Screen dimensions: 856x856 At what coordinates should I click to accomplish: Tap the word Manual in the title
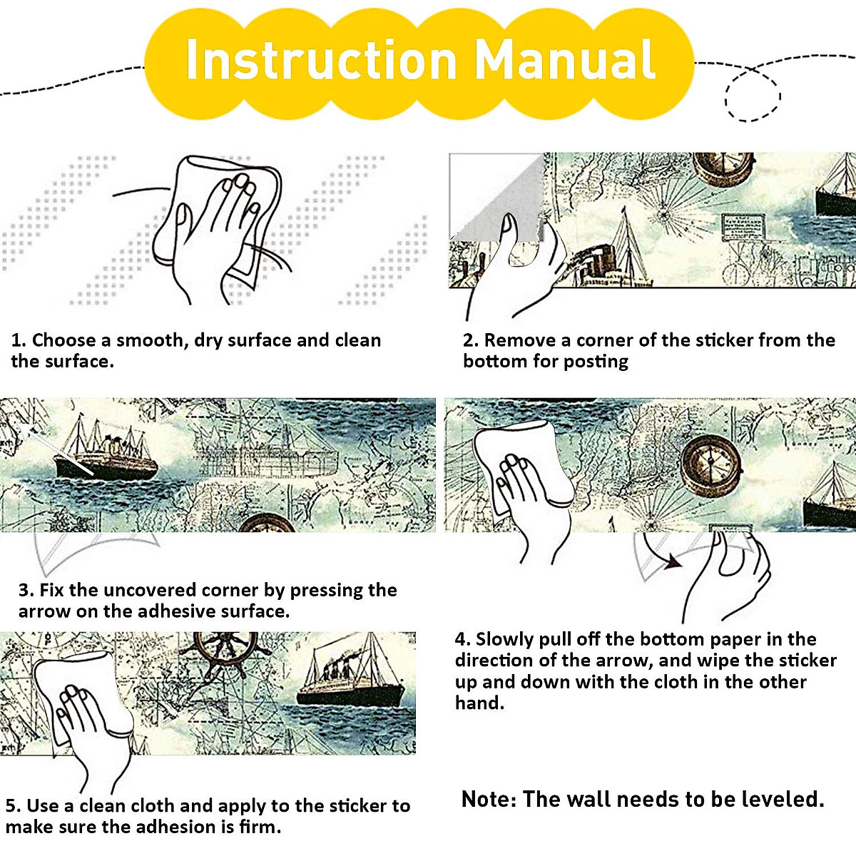click(x=564, y=59)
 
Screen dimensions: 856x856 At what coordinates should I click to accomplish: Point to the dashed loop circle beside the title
click(x=727, y=96)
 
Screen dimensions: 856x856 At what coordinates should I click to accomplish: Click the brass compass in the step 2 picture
click(x=723, y=169)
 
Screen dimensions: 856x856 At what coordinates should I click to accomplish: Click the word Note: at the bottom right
click(x=489, y=800)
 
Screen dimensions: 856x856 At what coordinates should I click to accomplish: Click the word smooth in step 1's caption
click(x=149, y=340)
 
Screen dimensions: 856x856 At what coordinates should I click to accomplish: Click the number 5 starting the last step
click(x=10, y=806)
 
